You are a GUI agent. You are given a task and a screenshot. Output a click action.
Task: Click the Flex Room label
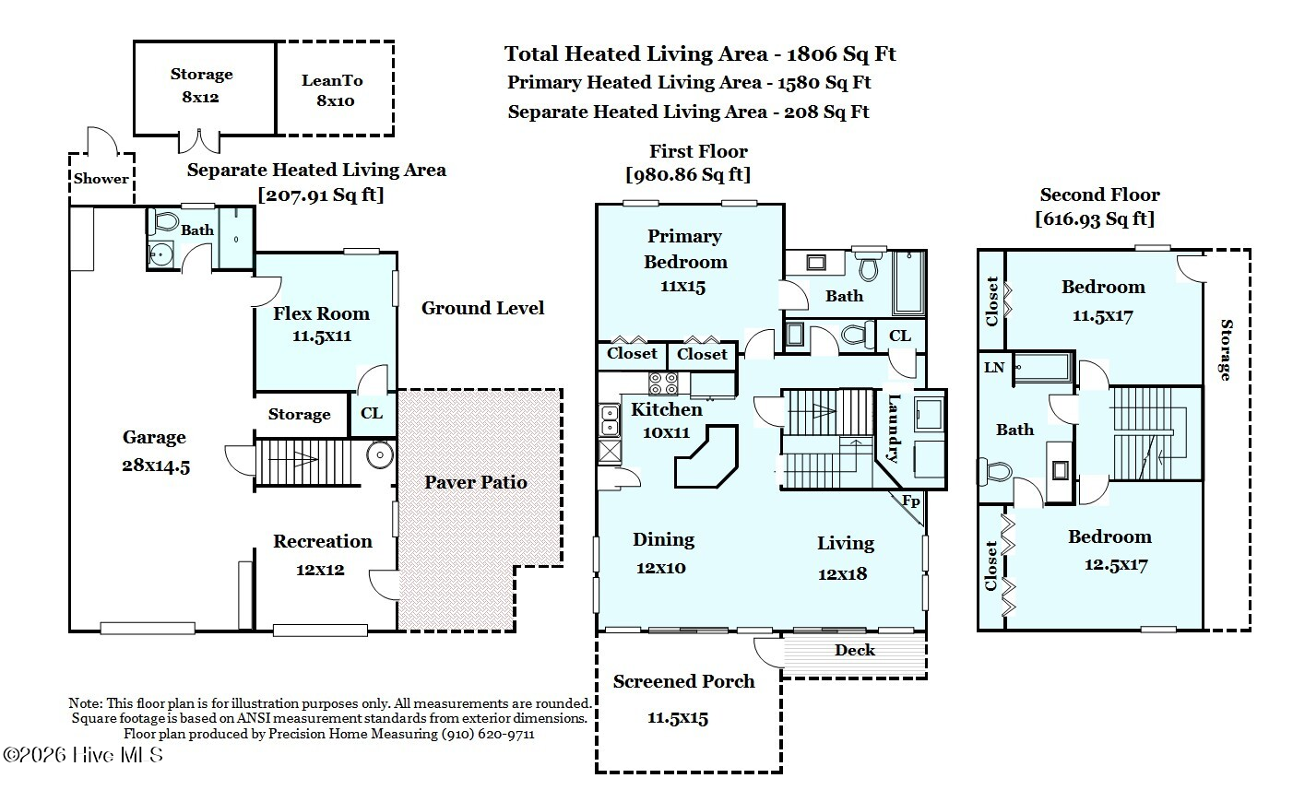coord(321,313)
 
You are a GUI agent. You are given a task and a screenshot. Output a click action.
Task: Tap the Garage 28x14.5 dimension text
coord(156,466)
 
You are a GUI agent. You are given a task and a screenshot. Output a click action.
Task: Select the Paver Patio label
coord(476,482)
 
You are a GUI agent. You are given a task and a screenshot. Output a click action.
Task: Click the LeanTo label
coord(332,80)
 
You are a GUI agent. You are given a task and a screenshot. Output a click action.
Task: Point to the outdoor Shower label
coord(101,178)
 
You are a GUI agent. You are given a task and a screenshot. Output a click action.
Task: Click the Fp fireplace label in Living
coord(911,501)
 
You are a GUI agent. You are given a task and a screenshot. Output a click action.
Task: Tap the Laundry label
coord(893,429)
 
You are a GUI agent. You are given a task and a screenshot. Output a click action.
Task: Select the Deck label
coord(854,650)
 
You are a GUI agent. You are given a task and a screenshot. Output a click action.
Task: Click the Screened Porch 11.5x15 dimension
coord(678,718)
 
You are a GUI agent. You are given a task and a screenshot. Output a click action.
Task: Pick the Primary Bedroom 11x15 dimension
coord(682,287)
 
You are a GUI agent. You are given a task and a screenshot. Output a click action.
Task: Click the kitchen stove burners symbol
coord(663,383)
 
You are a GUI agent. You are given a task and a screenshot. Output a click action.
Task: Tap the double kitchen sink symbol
coord(609,419)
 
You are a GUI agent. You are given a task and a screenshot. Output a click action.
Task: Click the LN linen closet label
coord(994,368)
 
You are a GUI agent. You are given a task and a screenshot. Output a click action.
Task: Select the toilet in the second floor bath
coord(995,471)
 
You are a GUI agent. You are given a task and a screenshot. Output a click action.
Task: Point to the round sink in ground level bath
coord(160,254)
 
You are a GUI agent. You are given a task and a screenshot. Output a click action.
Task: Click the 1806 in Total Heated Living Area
coord(811,54)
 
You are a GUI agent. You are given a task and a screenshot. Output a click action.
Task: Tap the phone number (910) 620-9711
coord(488,734)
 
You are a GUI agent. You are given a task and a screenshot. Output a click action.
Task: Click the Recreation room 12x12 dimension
coord(320,570)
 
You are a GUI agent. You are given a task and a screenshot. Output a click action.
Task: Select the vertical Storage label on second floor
coord(1226,349)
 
